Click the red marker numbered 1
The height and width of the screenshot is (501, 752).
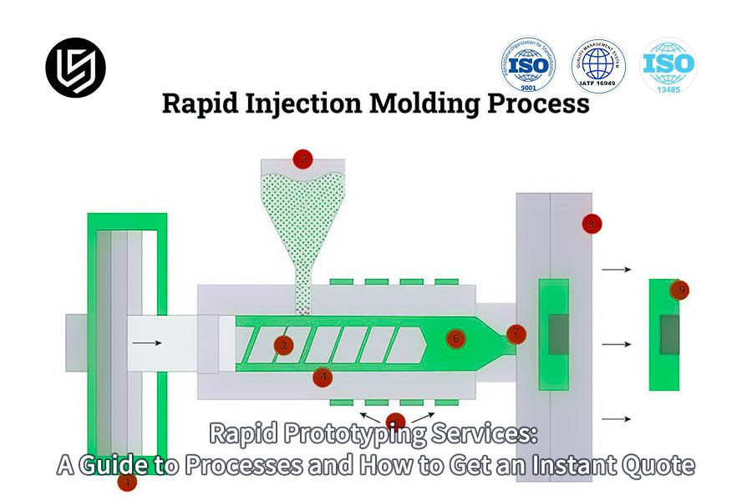(127, 482)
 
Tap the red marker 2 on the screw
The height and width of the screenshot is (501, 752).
(284, 345)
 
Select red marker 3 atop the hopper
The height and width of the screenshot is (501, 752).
(303, 159)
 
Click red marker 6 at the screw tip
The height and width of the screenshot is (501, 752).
(455, 339)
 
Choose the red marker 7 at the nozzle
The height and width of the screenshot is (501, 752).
(516, 334)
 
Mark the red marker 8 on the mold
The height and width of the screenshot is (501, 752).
(592, 223)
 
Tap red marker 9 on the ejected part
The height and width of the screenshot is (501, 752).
(682, 290)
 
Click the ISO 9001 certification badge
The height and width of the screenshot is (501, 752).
(528, 65)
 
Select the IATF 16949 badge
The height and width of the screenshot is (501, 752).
(598, 65)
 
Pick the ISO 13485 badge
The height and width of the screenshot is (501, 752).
(668, 65)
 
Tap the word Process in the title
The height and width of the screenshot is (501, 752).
(547, 104)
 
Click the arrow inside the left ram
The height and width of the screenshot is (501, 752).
(146, 342)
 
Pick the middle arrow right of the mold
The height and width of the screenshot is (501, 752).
(617, 344)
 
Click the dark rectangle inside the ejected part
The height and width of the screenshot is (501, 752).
(669, 334)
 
